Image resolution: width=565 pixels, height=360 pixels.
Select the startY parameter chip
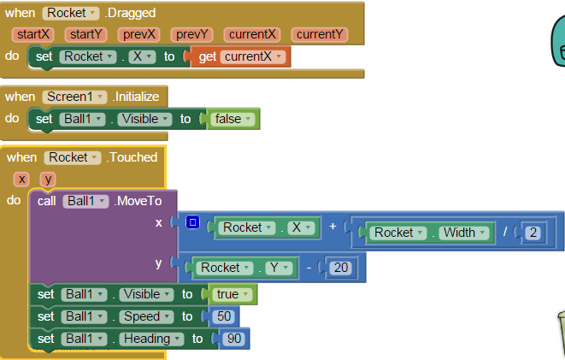(x=86, y=34)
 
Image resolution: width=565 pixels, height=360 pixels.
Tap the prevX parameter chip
(x=139, y=34)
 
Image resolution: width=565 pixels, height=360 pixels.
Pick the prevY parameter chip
(x=193, y=34)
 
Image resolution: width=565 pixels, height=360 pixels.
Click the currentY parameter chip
(x=320, y=34)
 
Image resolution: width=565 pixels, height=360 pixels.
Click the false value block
(x=232, y=119)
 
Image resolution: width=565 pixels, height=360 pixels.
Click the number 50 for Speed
(x=224, y=316)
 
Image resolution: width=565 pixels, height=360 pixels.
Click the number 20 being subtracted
(x=341, y=268)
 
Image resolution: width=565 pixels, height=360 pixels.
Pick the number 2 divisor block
(x=533, y=233)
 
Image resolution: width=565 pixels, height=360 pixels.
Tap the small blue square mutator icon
(x=192, y=223)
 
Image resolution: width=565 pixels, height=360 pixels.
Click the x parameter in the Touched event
(x=21, y=179)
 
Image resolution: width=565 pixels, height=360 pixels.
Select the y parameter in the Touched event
(x=49, y=179)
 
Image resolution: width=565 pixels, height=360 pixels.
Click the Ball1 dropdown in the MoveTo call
(x=86, y=201)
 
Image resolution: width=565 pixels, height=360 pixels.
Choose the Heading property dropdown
(x=151, y=339)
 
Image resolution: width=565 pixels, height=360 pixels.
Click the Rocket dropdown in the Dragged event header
(x=72, y=13)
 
